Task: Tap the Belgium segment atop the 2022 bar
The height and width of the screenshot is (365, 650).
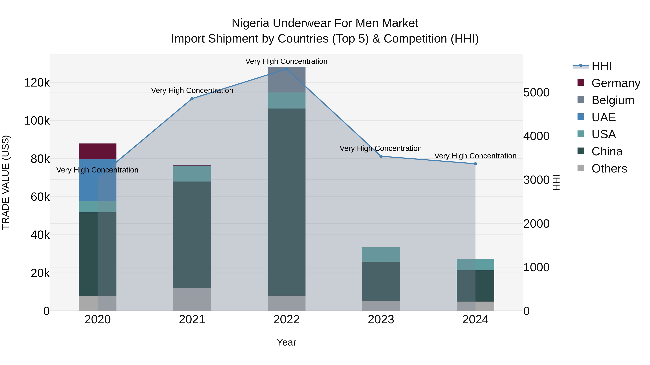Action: pos(286,80)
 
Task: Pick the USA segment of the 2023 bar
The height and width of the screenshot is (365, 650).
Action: pos(381,254)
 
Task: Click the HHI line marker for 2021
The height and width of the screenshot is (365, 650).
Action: pos(192,99)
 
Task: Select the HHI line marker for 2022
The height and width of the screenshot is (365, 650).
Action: pos(286,69)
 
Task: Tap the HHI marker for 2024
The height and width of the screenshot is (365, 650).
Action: pos(475,164)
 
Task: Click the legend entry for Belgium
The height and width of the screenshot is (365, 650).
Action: pos(613,100)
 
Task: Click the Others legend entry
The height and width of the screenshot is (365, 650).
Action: pos(609,169)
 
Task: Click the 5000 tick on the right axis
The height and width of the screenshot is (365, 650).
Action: pos(536,92)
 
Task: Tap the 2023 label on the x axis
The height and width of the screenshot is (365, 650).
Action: pos(381,320)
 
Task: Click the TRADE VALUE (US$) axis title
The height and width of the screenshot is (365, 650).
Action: pos(6,182)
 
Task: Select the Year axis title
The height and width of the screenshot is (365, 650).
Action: pos(286,342)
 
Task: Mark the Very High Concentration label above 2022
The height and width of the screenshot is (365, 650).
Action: pos(286,61)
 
